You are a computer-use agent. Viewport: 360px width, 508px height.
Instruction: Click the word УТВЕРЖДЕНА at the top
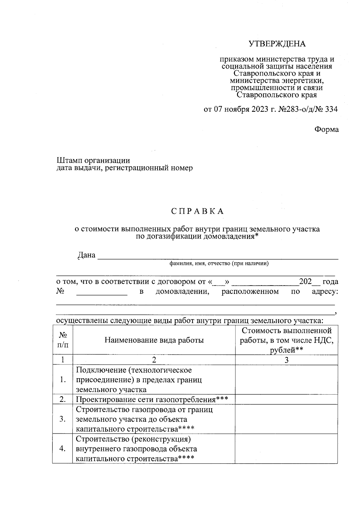[x=277, y=44]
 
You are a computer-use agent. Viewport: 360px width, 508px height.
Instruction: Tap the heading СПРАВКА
[x=198, y=211]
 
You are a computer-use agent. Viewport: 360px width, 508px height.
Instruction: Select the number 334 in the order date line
[x=331, y=109]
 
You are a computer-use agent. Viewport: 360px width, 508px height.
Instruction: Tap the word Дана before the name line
[x=86, y=255]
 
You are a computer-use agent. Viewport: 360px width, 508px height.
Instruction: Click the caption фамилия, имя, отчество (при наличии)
[x=219, y=264]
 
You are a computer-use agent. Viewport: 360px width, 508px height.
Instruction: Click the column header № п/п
[x=62, y=340]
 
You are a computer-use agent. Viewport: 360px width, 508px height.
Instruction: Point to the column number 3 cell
[x=286, y=360]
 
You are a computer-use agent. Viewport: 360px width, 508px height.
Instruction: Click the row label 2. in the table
[x=62, y=399]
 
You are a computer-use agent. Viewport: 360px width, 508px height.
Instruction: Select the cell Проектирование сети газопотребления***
[x=152, y=399]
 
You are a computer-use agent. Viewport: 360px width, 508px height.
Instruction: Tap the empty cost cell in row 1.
[x=286, y=379]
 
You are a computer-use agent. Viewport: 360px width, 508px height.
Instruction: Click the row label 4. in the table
[x=62, y=448]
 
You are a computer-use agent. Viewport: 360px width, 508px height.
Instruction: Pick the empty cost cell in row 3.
[x=286, y=419]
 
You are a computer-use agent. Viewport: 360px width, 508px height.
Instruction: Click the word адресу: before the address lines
[x=325, y=291]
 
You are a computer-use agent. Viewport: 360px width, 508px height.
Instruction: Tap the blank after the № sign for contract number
[x=102, y=292]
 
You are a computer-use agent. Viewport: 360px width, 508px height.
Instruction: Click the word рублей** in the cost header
[x=286, y=350]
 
